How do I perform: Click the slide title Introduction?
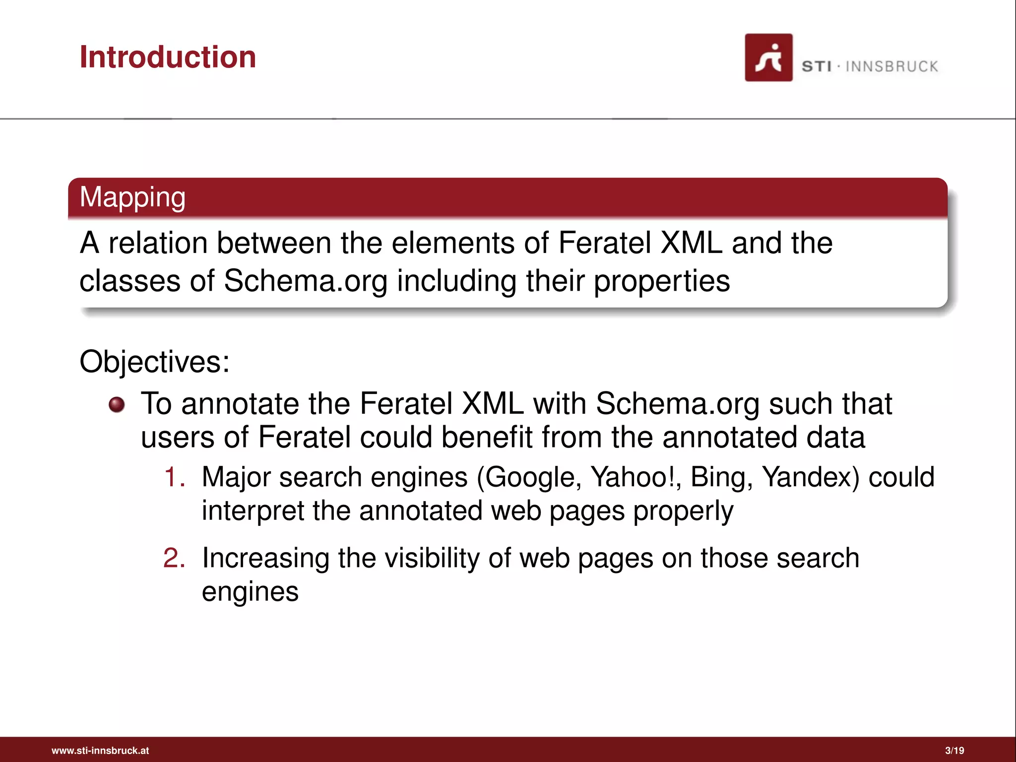pyautogui.click(x=168, y=57)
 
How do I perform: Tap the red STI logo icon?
pyautogui.click(x=768, y=58)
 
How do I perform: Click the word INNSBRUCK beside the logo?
pyautogui.click(x=891, y=66)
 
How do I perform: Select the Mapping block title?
pyautogui.click(x=132, y=197)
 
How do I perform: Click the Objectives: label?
pyautogui.click(x=154, y=361)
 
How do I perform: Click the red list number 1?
pyautogui.click(x=174, y=477)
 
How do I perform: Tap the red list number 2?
pyautogui.click(x=174, y=558)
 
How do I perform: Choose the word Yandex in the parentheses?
pyautogui.click(x=809, y=477)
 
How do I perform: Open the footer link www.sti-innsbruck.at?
pyautogui.click(x=100, y=751)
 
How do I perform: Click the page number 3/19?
pyautogui.click(x=954, y=751)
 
